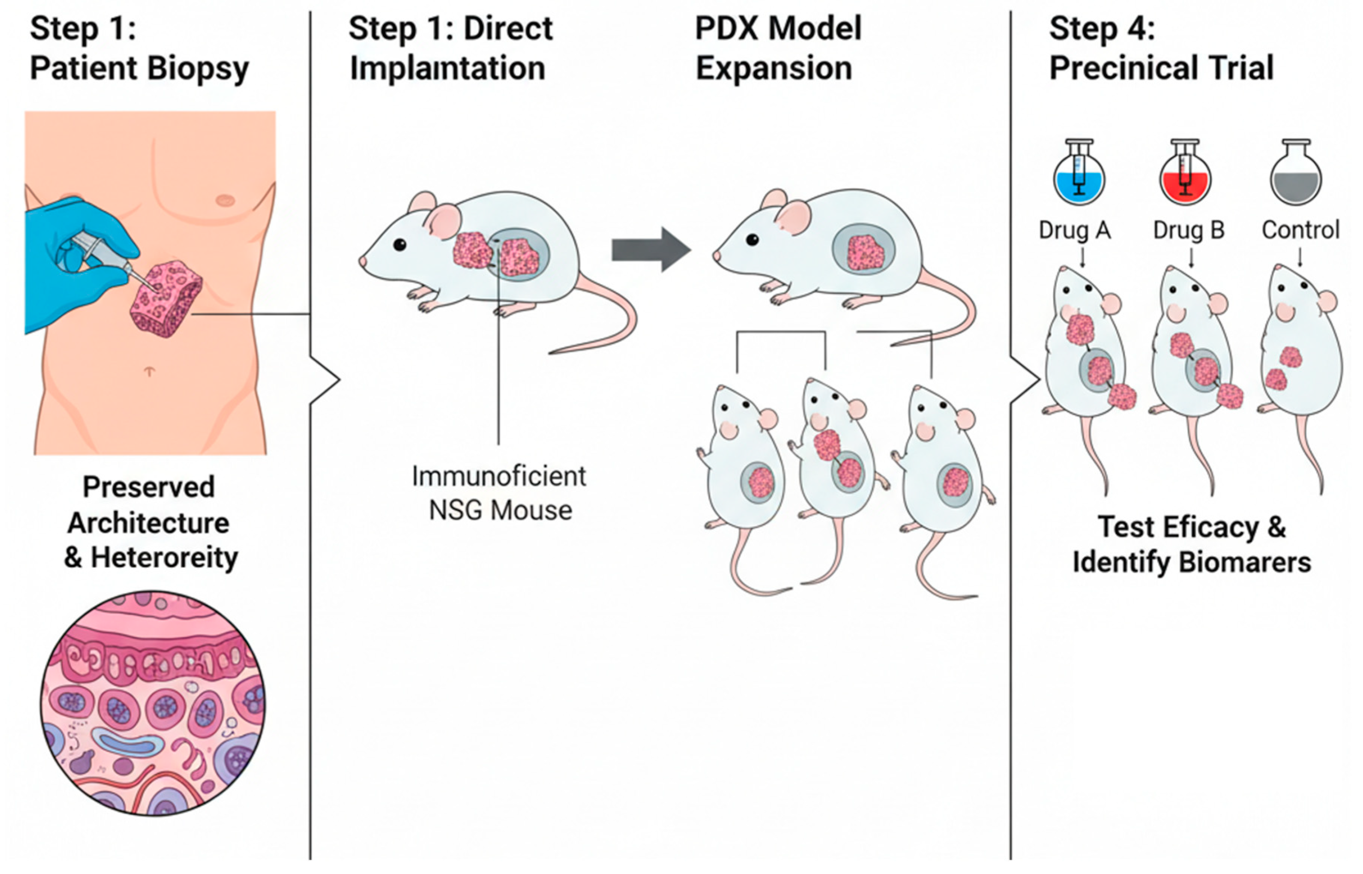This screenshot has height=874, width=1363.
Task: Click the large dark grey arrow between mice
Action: coord(650,250)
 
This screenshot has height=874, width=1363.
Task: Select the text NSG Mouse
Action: coord(500,510)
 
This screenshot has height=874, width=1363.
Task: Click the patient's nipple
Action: coord(226,200)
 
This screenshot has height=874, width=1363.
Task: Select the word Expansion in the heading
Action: coord(774,68)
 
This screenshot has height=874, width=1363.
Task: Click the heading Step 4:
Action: coord(1101,28)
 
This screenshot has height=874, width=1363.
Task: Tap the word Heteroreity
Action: coord(165,558)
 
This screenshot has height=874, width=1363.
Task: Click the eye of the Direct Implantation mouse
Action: coord(399,245)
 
